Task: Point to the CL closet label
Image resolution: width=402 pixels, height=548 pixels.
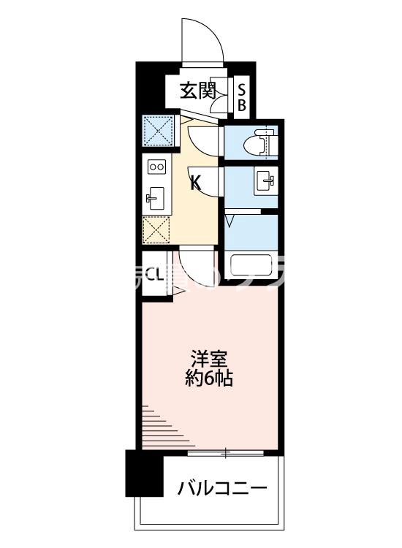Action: pos(154,275)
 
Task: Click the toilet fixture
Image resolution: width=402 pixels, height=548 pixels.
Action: pos(260,142)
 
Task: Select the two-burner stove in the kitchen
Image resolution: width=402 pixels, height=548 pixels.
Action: pos(157,167)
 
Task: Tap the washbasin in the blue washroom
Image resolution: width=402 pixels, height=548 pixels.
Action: pos(264,180)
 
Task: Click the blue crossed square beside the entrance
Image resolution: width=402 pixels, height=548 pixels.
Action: pos(156,131)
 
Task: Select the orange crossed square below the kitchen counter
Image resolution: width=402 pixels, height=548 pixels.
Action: pos(156,230)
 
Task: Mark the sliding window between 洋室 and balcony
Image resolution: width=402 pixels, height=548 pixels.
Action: pos(227,454)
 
